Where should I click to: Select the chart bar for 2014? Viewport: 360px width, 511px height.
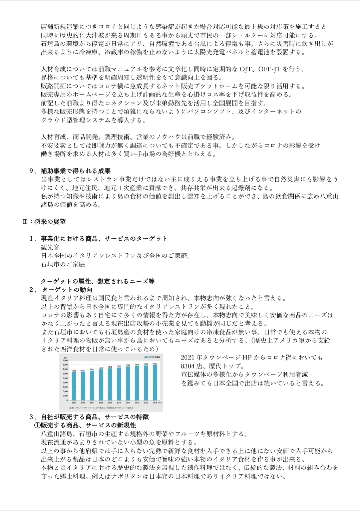tap(155, 383)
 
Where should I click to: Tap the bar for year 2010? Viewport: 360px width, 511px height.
tap(119, 384)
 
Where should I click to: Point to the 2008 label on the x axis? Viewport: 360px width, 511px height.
tap(101, 403)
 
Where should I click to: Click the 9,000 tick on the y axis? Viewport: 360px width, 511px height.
tap(65, 360)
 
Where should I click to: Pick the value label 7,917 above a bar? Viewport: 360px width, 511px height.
tap(155, 364)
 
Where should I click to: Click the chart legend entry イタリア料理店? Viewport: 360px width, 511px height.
tap(153, 357)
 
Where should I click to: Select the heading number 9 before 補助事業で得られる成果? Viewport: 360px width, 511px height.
tap(32, 171)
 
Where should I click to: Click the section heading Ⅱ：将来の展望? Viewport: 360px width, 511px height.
tap(44, 222)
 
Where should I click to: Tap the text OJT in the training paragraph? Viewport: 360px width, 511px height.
tap(246, 69)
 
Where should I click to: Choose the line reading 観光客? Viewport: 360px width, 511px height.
tap(50, 247)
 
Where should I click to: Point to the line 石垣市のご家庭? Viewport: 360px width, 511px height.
tap(63, 264)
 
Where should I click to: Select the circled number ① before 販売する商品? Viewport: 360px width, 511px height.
tap(37, 426)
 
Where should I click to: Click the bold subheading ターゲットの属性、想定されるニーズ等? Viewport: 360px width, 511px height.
tap(98, 281)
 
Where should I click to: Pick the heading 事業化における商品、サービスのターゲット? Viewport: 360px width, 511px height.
tap(104, 239)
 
